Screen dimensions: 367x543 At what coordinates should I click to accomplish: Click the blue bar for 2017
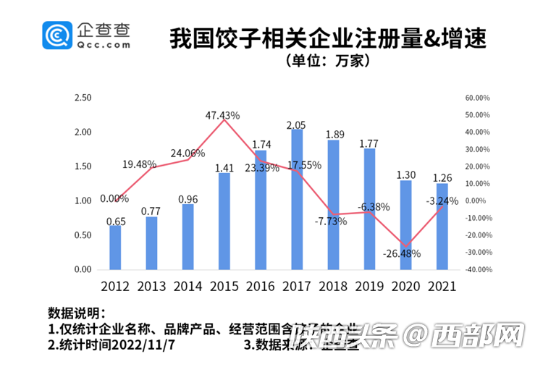coord(297,199)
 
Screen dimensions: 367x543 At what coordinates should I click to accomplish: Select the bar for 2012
coord(115,247)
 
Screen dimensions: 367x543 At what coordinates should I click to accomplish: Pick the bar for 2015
coord(224,221)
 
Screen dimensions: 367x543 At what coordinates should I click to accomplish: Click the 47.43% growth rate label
coord(223,115)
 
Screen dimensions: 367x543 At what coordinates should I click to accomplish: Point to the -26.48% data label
coord(401,253)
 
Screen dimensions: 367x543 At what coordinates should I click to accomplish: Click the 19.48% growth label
coord(139,164)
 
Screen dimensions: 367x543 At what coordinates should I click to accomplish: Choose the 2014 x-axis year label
coord(188,285)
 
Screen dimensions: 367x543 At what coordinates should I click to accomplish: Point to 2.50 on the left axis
coord(83,98)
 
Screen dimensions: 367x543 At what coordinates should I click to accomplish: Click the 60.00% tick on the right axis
coord(478,98)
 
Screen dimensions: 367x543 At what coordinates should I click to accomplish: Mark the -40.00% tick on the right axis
coord(478,270)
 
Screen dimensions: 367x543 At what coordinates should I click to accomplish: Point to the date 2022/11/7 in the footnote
coord(148,345)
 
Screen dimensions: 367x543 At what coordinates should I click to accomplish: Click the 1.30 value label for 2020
coord(405,174)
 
